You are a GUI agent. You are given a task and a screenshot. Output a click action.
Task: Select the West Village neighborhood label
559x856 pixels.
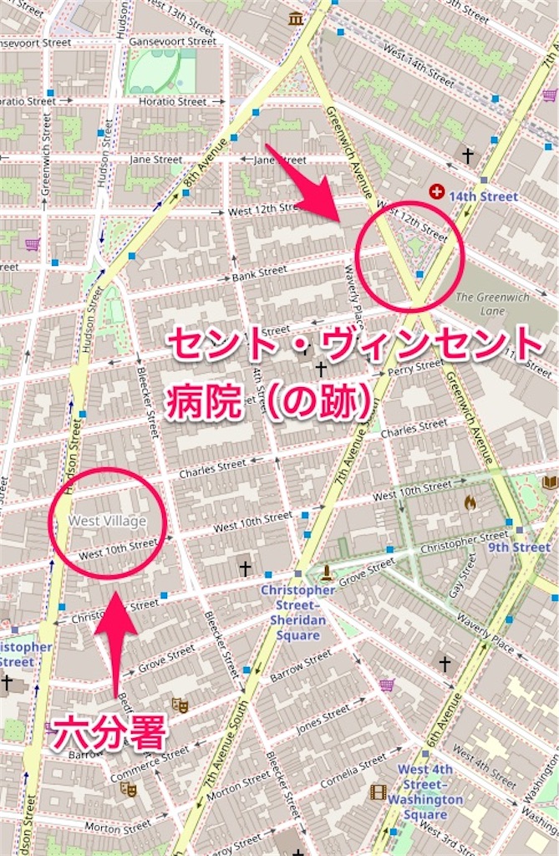click(107, 521)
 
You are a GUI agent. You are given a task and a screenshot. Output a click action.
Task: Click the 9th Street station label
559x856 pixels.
click(519, 547)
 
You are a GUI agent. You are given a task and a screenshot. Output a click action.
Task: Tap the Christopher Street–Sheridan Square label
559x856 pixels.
click(297, 612)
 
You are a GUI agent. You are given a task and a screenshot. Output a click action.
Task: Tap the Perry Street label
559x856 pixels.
click(415, 366)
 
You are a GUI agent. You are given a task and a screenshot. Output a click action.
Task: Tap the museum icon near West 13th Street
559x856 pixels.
click(294, 18)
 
